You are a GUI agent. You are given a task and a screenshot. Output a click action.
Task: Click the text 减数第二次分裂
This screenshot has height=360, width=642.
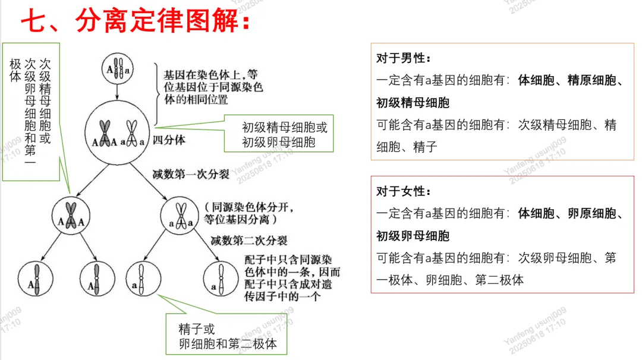coord(249,241)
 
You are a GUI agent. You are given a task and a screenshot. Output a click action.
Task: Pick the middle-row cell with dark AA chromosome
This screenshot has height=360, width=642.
coord(71,215)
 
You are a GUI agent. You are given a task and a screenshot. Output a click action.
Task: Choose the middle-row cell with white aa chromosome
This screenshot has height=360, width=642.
coord(180,215)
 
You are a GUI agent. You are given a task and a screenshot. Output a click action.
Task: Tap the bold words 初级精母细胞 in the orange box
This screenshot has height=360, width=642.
coord(413,103)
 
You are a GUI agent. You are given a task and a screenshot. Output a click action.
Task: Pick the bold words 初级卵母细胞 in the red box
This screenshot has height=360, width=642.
coord(413,236)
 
